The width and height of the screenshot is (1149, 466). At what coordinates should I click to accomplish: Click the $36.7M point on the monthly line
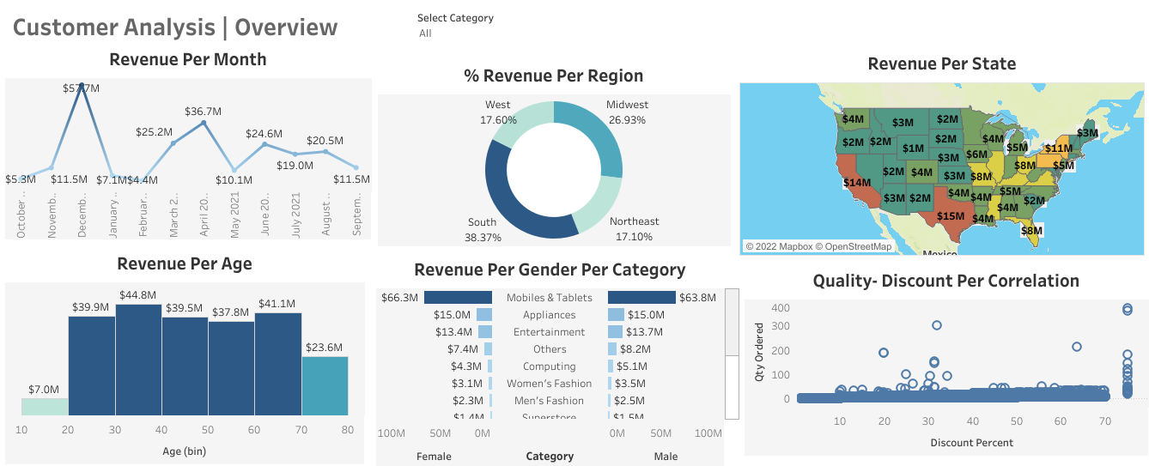pyautogui.click(x=204, y=123)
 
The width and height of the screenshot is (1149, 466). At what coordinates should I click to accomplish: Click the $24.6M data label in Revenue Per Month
pyautogui.click(x=264, y=134)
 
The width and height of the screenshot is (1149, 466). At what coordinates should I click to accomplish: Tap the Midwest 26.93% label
pyautogui.click(x=627, y=112)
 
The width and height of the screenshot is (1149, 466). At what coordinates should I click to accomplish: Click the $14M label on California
pyautogui.click(x=857, y=182)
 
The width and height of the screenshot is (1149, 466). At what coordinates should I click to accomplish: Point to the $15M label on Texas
pyautogui.click(x=951, y=215)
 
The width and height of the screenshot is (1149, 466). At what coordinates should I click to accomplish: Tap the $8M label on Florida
pyautogui.click(x=1031, y=230)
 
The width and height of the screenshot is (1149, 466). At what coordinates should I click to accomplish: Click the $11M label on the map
pyautogui.click(x=1059, y=148)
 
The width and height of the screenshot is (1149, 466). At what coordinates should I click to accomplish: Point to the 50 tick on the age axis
pyautogui.click(x=209, y=429)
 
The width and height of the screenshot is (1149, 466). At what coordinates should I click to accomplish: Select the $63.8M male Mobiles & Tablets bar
pyautogui.click(x=641, y=298)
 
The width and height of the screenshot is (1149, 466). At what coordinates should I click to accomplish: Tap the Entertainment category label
pyautogui.click(x=550, y=332)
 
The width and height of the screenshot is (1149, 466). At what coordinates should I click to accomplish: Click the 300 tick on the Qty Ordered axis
pyautogui.click(x=780, y=326)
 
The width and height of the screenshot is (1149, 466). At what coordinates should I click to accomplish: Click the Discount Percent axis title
pyautogui.click(x=971, y=443)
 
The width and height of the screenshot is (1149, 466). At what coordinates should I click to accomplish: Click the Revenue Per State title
pyautogui.click(x=941, y=64)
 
